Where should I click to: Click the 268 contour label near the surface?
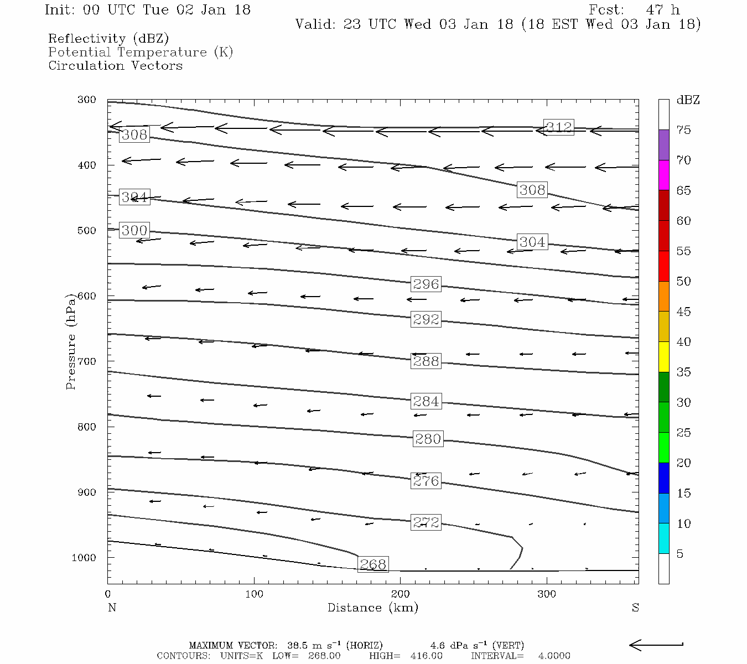[x=373, y=564]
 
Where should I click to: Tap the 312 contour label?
[x=559, y=127]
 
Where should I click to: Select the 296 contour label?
[x=426, y=284]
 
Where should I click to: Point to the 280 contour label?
[x=428, y=439]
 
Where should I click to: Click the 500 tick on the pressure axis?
[x=87, y=231]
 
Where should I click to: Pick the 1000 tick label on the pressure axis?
[x=84, y=558]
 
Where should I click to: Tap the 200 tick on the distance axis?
[x=401, y=594]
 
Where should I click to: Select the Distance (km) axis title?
[x=373, y=608]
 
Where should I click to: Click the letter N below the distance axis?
[x=112, y=608]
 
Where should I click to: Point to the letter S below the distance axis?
[x=635, y=608]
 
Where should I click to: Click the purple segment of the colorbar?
[x=663, y=145]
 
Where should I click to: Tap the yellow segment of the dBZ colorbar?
[x=663, y=357]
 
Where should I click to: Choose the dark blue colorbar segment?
[x=663, y=478]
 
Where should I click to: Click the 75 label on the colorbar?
[x=684, y=130]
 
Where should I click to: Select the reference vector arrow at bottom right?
[x=656, y=645]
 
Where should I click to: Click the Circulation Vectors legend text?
[x=115, y=66]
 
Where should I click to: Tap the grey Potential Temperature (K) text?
[x=141, y=53]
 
